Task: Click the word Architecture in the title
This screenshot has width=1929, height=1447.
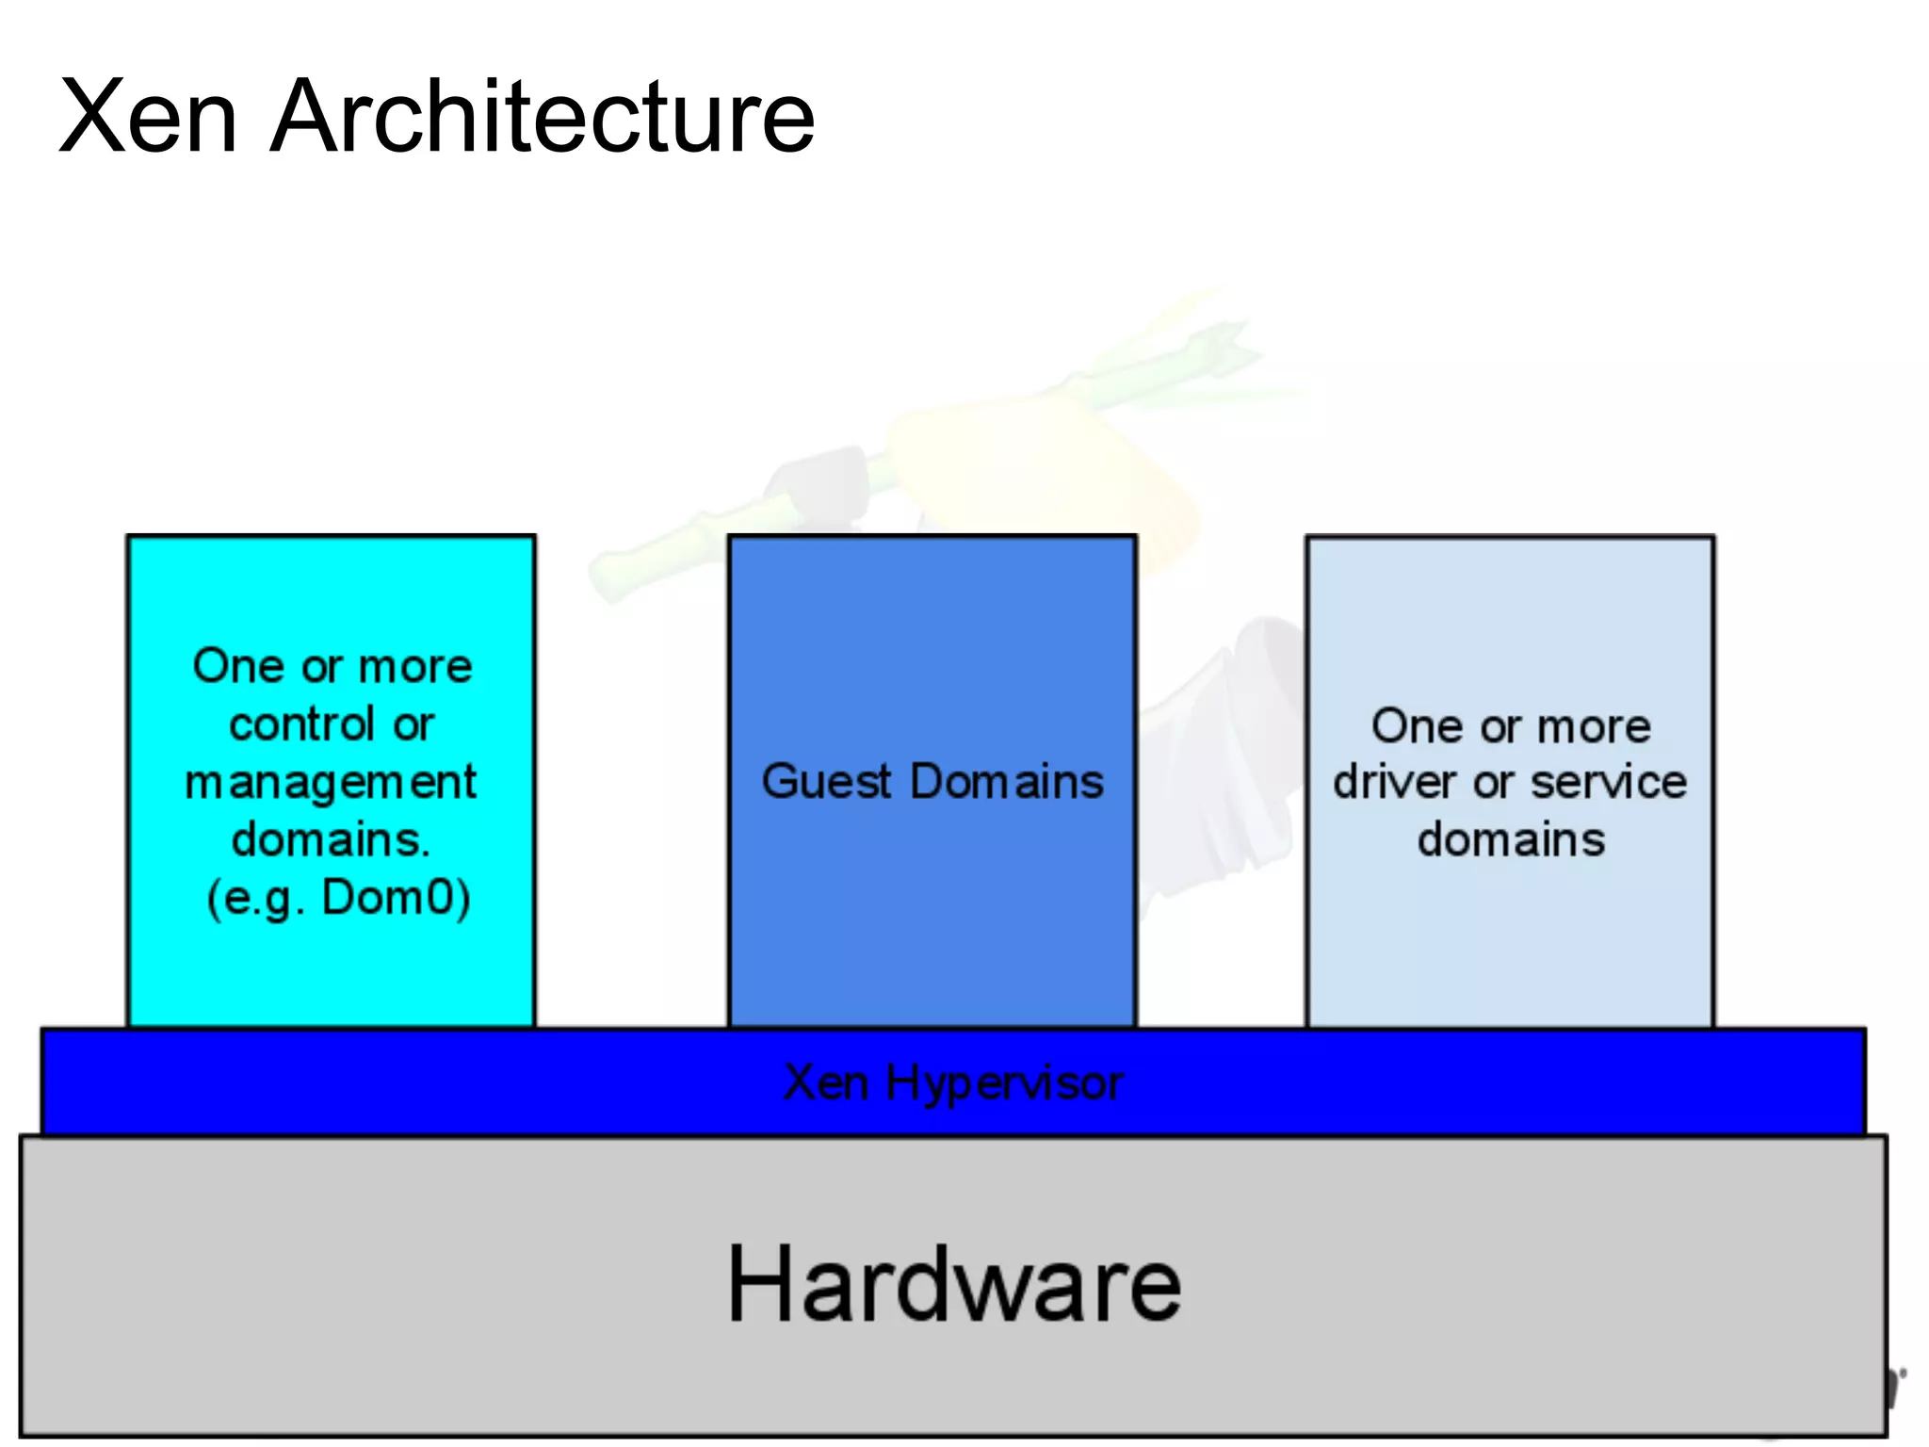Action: [543, 117]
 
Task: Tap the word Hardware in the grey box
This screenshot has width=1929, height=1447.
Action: [953, 1285]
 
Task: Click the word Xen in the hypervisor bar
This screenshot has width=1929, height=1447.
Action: [826, 1082]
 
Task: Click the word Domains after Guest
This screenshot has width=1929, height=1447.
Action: [1007, 781]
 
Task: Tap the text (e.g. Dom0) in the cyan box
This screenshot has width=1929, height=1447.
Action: [338, 898]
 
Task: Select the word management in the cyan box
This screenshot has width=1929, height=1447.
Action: [331, 783]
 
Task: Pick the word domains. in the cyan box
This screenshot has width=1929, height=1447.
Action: [332, 839]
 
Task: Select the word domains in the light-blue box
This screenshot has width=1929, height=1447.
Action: [1511, 839]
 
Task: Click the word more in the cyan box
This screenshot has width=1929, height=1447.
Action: [415, 667]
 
